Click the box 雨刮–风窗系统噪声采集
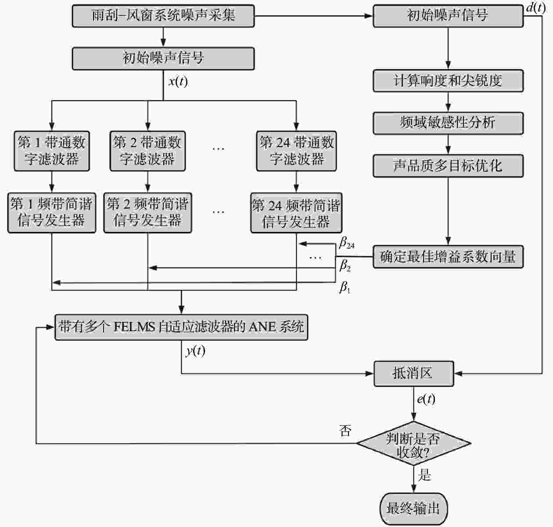point(163,16)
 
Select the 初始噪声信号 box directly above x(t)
point(163,58)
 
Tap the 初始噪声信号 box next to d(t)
point(448,16)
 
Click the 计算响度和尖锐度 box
point(448,81)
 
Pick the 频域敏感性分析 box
point(448,123)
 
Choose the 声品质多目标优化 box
point(448,166)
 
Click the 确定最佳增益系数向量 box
point(448,256)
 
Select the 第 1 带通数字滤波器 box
point(52,151)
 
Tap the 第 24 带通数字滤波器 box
point(296,151)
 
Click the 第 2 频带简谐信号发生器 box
point(147,213)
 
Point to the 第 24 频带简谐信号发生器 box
point(296,213)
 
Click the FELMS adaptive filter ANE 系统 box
point(181,327)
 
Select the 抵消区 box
point(413,374)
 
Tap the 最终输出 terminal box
point(413,509)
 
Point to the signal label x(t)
point(178,82)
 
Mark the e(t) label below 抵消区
point(426,399)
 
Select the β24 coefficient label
point(347,243)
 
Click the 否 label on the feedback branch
point(345,431)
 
